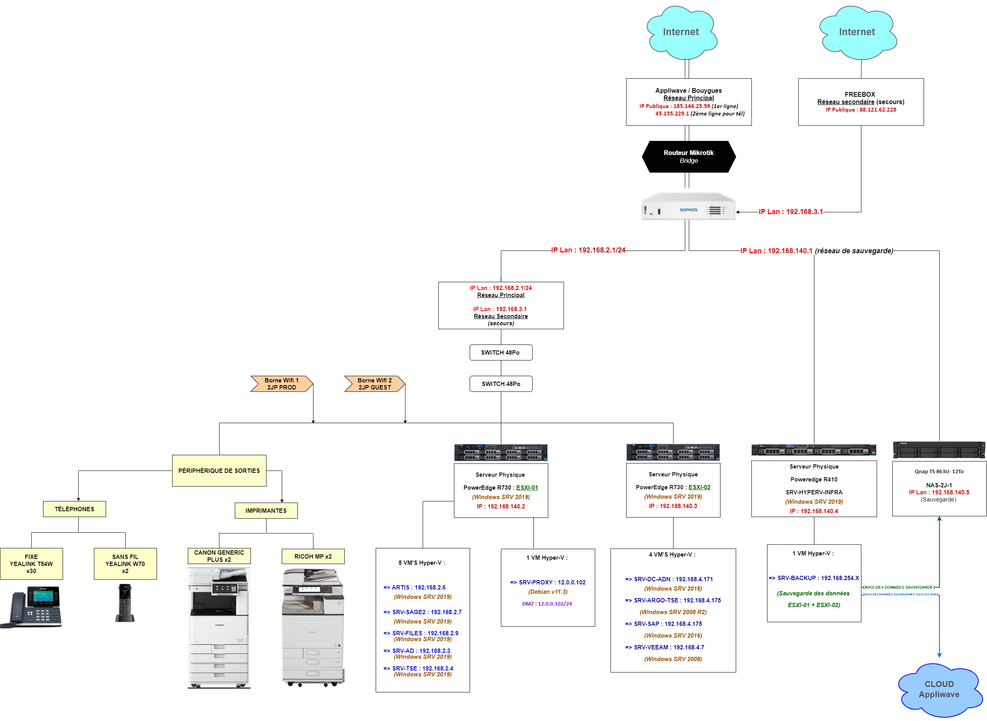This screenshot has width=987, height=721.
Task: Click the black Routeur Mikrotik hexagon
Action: pyautogui.click(x=688, y=157)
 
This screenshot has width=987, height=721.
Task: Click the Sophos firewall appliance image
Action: pyautogui.click(x=688, y=207)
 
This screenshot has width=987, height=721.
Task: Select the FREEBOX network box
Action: pyautogui.click(x=861, y=102)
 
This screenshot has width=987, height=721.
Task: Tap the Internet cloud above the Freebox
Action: pyautogui.click(x=857, y=32)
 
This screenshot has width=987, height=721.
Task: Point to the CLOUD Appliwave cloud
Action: pyautogui.click(x=938, y=689)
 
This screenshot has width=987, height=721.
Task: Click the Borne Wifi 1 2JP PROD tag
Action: pyautogui.click(x=281, y=384)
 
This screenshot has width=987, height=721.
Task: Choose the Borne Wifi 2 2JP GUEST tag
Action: pyautogui.click(x=375, y=384)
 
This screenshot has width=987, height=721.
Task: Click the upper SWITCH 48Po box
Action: pyautogui.click(x=501, y=353)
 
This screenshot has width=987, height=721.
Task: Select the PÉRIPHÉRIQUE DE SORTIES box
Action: pyautogui.click(x=219, y=470)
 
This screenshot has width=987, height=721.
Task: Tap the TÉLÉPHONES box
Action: pyautogui.click(x=74, y=509)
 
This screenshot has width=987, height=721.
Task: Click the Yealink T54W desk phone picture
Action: pyautogui.click(x=33, y=607)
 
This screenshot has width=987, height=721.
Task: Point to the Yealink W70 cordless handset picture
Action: pyautogui.click(x=125, y=603)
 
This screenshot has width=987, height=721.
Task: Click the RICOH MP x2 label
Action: pyautogui.click(x=313, y=557)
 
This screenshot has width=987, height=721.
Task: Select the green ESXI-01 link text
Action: pyautogui.click(x=527, y=487)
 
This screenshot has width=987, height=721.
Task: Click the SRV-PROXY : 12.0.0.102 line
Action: pyautogui.click(x=548, y=582)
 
